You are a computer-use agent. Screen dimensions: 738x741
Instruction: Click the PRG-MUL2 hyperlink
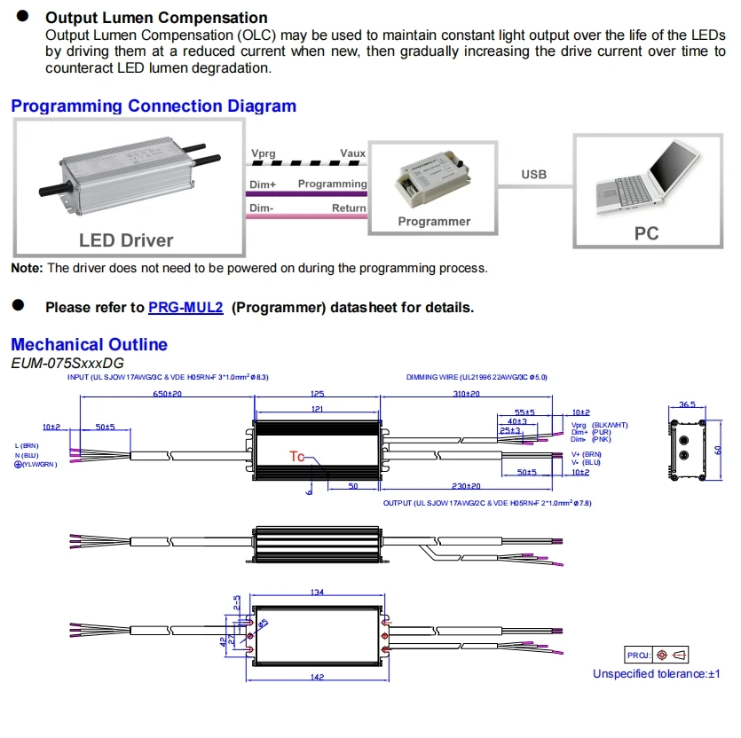point(185,308)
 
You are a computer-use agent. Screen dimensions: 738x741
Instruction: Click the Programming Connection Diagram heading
point(154,106)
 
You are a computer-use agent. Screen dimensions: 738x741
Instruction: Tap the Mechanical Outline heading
point(89,344)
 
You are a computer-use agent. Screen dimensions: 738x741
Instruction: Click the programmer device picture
point(433,182)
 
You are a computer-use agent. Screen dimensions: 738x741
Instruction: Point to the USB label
point(534,175)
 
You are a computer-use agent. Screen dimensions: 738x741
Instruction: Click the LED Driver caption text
point(126,240)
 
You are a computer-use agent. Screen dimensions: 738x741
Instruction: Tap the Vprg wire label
point(263,153)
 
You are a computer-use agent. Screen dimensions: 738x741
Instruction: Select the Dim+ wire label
point(263,184)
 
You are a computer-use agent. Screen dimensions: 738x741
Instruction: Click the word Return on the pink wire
point(349,208)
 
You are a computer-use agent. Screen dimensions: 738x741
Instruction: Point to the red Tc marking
point(296,456)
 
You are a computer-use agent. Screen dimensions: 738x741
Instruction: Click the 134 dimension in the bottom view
point(317,593)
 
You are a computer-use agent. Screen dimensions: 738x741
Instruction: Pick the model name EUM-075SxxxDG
point(67,363)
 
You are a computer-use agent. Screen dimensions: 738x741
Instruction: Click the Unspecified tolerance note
point(657,674)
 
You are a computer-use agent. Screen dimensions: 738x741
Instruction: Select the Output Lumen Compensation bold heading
point(156,18)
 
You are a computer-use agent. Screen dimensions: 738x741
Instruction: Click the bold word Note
point(27,268)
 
